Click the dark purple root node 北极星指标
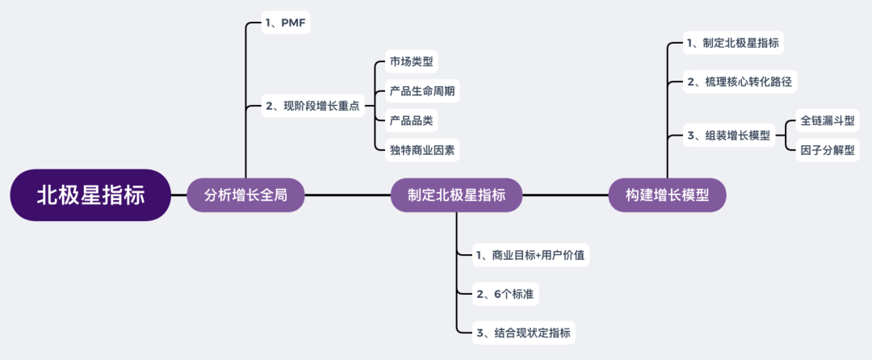(90, 195)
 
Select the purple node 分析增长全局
(245, 195)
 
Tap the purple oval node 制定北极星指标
(456, 195)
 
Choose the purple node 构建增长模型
(667, 195)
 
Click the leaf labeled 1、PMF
(285, 23)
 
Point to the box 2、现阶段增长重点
(313, 106)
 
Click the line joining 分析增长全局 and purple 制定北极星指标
(347, 195)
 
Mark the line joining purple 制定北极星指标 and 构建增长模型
(564, 195)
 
